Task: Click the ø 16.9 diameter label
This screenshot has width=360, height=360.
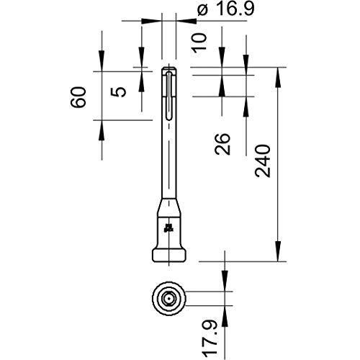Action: pos(225,9)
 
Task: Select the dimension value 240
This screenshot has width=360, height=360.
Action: pos(263,161)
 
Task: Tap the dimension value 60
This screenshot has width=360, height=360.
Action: pos(78,97)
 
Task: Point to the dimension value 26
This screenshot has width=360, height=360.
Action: pos(222,143)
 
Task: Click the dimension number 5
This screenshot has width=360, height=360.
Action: pos(118,92)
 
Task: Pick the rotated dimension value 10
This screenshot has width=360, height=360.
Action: pos(199,42)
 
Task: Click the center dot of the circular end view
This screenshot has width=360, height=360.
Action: pos(169,299)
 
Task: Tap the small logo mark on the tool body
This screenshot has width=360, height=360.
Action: pos(168,228)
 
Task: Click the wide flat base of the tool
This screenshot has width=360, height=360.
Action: pos(169,256)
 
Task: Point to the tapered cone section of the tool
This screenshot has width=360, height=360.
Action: pos(169,207)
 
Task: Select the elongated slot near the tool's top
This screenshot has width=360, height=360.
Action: pos(169,95)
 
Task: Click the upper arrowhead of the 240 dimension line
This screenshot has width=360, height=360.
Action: pos(278,77)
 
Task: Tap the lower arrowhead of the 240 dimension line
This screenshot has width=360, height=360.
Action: pos(278,251)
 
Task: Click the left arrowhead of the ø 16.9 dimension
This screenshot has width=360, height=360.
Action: pos(151,21)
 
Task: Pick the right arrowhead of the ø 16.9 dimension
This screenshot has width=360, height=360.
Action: pos(186,21)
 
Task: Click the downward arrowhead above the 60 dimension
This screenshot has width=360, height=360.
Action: pos(102,61)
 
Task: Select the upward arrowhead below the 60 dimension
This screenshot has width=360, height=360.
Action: pos(102,130)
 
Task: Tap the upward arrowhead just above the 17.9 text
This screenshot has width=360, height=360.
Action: pos(225,316)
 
